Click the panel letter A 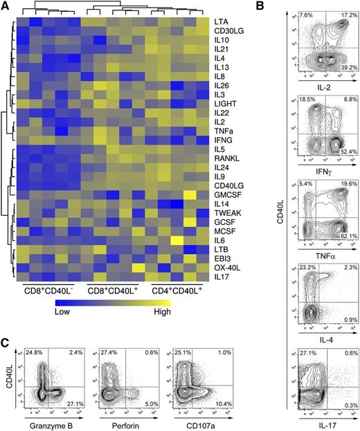(6, 7)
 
